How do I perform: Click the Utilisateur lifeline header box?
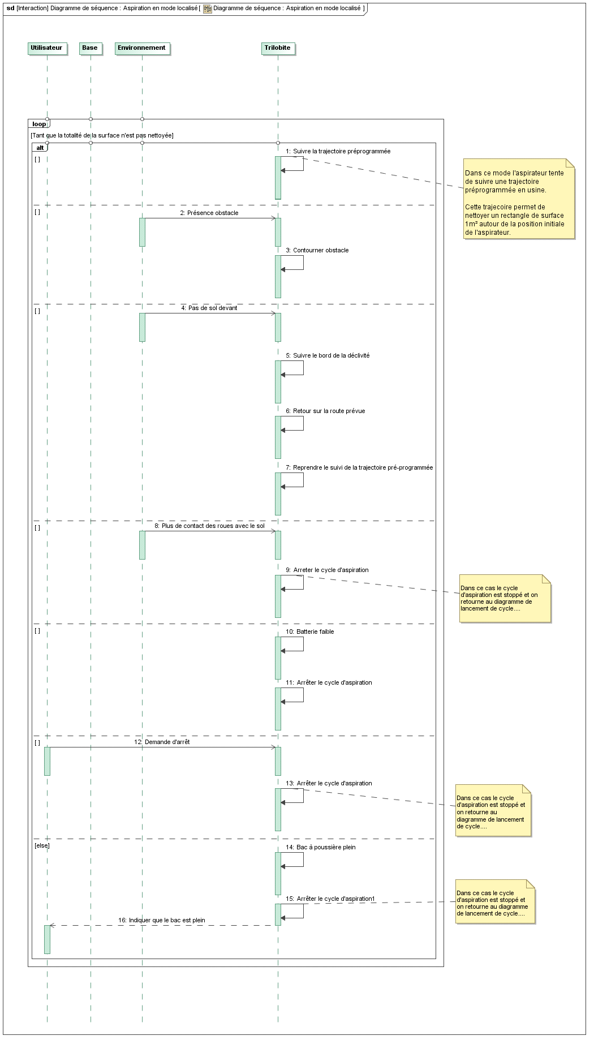47,48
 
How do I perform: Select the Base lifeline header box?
90,48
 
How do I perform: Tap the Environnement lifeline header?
142,48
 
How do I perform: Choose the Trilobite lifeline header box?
278,48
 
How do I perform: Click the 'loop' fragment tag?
39,124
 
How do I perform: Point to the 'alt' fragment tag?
40,148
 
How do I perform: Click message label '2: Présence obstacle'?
209,213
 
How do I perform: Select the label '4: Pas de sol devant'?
209,308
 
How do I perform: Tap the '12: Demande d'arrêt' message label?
162,742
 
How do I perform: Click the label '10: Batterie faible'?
310,631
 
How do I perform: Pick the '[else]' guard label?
42,846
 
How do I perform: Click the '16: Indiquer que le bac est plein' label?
162,920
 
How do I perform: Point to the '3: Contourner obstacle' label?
317,250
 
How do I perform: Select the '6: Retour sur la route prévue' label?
325,411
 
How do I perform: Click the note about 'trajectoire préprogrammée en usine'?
519,199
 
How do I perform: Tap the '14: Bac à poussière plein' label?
321,847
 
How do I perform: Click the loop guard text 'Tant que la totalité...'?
102,135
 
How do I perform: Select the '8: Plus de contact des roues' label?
209,526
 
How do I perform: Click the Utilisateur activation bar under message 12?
47,761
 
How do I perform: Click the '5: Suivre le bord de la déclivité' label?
328,355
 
